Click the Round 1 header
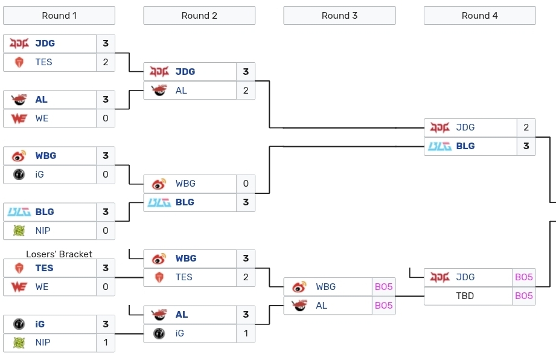[x=59, y=16]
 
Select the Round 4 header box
[x=479, y=16]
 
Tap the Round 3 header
[x=339, y=16]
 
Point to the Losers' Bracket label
[x=59, y=254]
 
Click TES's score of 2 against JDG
[x=106, y=62]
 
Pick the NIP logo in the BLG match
[x=19, y=231]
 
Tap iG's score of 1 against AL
[x=246, y=333]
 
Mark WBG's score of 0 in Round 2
[x=246, y=184]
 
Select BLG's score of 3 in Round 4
[x=526, y=146]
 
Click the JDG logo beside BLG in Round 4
[x=439, y=127]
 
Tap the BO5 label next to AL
[x=383, y=306]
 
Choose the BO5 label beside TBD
[x=524, y=296]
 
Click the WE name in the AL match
[x=42, y=118]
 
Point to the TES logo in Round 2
[x=159, y=277]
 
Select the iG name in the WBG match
[x=40, y=175]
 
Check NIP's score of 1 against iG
[x=106, y=342]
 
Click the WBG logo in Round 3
[x=299, y=287]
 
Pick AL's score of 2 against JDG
[x=246, y=91]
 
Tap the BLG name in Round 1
[x=45, y=212]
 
